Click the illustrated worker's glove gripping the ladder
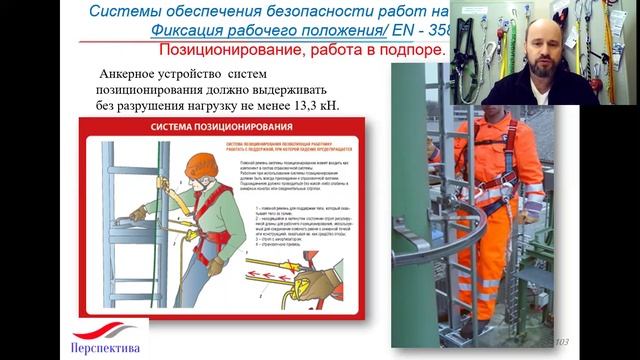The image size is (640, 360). tap(137, 213)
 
